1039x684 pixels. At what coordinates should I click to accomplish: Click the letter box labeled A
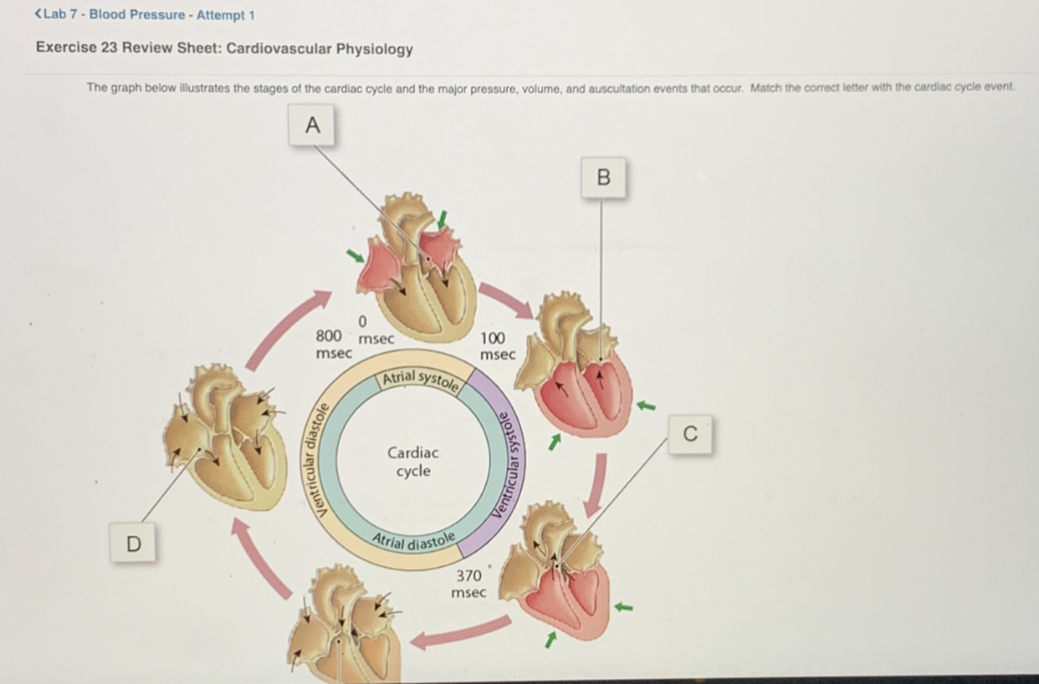(x=312, y=125)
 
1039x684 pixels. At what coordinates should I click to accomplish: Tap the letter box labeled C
(x=689, y=434)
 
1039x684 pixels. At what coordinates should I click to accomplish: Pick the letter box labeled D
(x=133, y=544)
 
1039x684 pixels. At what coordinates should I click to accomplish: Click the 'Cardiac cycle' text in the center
(x=412, y=462)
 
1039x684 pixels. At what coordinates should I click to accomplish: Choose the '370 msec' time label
(x=468, y=584)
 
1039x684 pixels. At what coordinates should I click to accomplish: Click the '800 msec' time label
(x=331, y=344)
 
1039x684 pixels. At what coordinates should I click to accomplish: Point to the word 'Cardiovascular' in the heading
(x=279, y=48)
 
